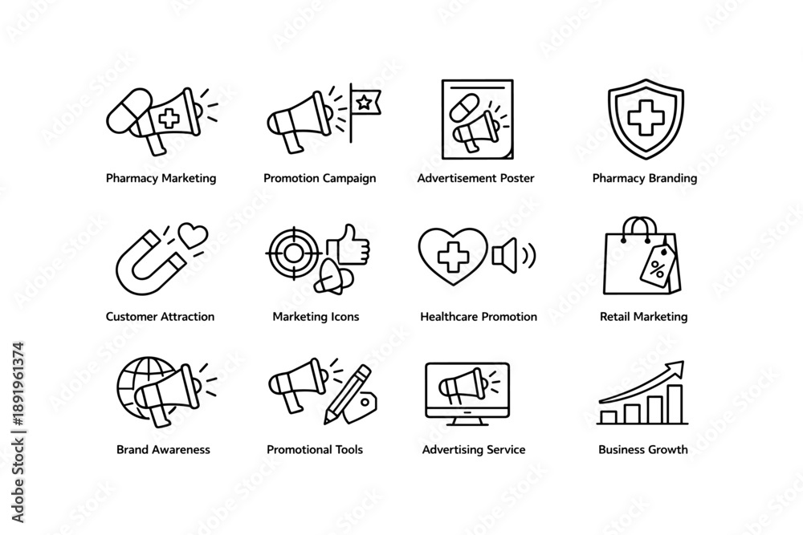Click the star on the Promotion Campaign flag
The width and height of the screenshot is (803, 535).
point(364,103)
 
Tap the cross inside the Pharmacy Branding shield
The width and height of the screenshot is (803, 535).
point(646,119)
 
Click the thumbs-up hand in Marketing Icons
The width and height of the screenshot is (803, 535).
point(349,245)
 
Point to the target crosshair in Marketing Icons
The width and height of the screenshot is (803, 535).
point(293,253)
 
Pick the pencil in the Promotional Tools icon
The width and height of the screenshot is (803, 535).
point(348,394)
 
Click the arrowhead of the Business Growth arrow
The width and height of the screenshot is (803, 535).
point(676,367)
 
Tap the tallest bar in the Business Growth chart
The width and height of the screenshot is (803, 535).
point(675,404)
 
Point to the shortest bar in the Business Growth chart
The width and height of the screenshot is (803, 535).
point(609,417)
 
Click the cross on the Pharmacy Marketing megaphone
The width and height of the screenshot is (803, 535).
point(169,119)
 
